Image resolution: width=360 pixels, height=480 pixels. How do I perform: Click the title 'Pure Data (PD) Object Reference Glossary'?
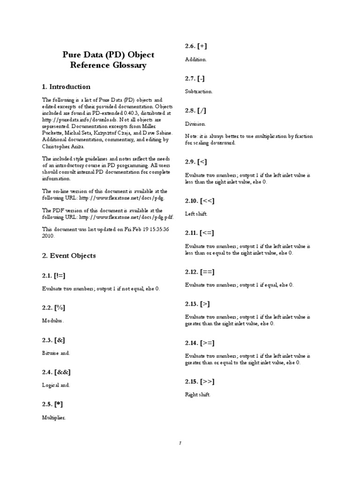(x=108, y=60)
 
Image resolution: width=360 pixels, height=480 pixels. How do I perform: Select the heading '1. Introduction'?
(x=66, y=87)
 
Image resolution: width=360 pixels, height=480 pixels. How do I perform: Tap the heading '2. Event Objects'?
(x=69, y=255)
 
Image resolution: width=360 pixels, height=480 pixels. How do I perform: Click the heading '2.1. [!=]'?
(x=57, y=275)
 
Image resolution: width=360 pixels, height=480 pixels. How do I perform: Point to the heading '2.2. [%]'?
(x=53, y=307)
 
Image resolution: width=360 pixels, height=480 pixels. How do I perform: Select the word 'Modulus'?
(x=52, y=321)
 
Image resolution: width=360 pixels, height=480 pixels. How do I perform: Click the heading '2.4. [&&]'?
(x=56, y=372)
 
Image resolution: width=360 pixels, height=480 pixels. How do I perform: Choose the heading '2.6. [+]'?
(x=196, y=46)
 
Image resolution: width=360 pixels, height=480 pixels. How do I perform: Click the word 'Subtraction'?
(x=199, y=92)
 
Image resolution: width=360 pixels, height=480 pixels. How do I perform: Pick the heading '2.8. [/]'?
(x=195, y=111)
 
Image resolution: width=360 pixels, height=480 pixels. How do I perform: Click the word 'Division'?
(x=195, y=124)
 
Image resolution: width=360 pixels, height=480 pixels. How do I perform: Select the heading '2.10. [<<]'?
(x=200, y=201)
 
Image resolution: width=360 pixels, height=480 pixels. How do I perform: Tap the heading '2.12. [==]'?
(x=200, y=271)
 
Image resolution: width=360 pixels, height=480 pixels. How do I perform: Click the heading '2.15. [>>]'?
(x=200, y=381)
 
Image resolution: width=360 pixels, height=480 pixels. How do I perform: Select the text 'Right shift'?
(x=198, y=395)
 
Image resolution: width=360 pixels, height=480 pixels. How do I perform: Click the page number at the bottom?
(x=180, y=443)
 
